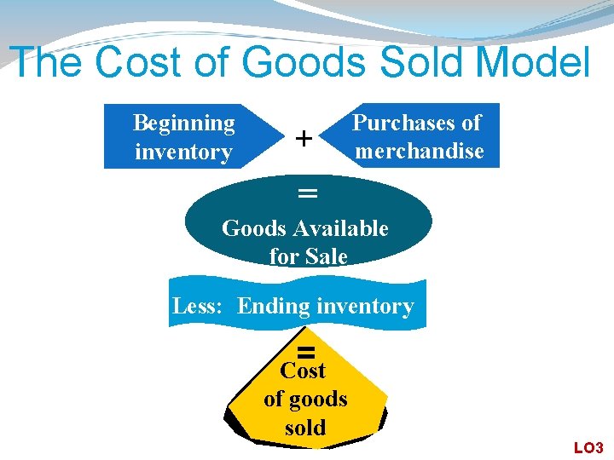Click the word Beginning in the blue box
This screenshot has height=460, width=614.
(184, 124)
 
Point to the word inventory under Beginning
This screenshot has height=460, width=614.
(183, 152)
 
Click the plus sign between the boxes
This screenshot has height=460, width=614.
(302, 137)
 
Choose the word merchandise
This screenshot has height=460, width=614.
(420, 152)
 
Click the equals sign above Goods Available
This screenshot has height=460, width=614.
(307, 194)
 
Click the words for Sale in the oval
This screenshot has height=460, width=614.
(308, 256)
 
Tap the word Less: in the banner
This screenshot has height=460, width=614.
(199, 306)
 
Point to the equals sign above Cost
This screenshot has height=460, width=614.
(307, 352)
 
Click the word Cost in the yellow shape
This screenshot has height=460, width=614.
(303, 371)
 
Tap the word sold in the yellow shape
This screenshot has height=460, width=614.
(305, 427)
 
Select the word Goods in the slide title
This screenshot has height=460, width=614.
(282, 62)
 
